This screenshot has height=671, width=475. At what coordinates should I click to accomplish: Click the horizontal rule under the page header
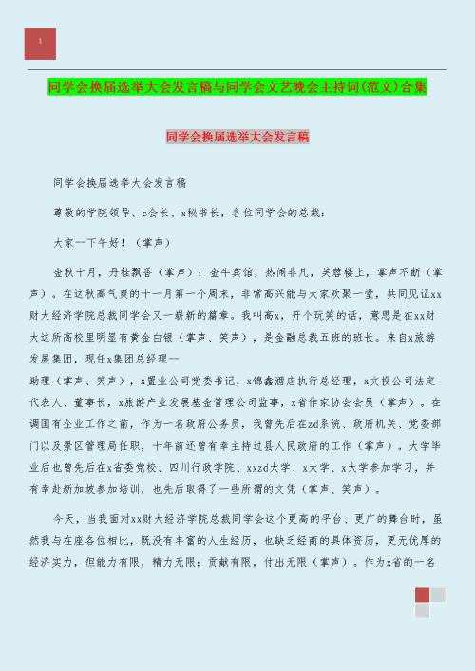pyautogui.click(x=237, y=70)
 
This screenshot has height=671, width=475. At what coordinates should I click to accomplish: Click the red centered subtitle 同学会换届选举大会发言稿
pyautogui.click(x=237, y=138)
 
